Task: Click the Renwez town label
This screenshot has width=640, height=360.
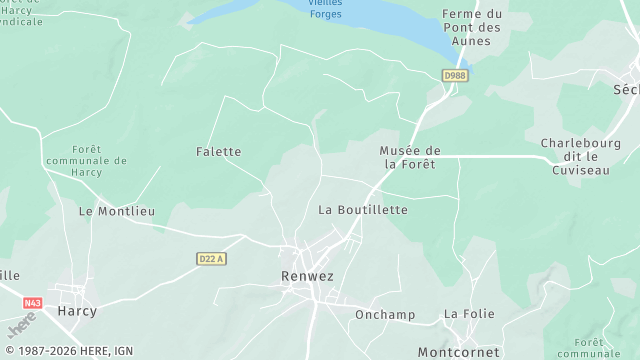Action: pos(306,274)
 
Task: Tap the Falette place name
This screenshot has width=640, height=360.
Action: pos(218,152)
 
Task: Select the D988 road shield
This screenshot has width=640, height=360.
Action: pos(455,75)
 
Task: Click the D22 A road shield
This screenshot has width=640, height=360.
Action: pos(211,258)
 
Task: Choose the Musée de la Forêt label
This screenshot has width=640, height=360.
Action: pos(410,157)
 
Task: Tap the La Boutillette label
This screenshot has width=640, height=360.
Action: pos(363,210)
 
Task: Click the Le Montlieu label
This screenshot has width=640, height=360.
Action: pos(117,212)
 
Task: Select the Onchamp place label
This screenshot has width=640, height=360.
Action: pos(385,314)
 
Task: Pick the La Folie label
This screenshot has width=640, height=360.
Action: pos(469,314)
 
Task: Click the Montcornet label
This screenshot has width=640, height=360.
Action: pos(458,352)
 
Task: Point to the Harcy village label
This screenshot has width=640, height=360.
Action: pos(77,311)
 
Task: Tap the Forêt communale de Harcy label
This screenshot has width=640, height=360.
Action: pos(88,160)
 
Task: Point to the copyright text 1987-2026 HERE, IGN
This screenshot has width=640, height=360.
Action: pos(68,351)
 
